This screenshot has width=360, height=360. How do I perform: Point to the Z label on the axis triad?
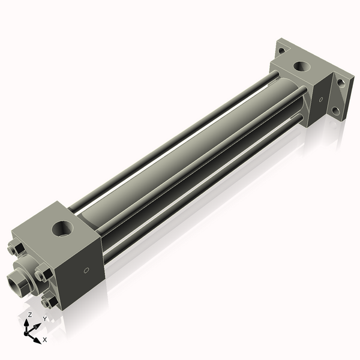30,315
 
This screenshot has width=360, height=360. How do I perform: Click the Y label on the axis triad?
44,319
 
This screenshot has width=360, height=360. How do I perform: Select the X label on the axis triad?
45,340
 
